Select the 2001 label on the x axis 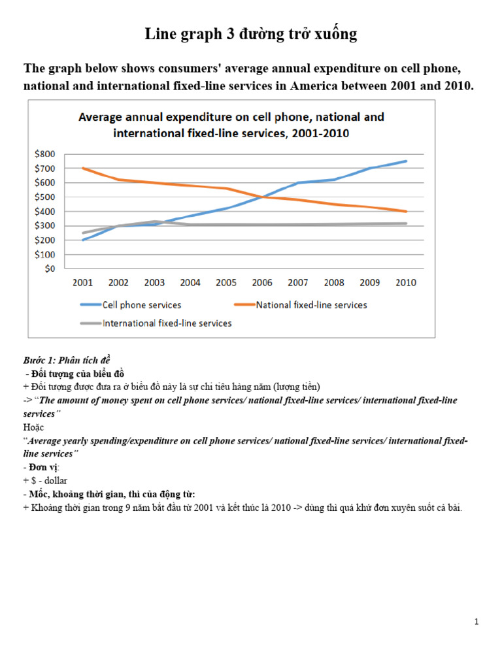(83, 283)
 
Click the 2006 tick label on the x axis (262, 283)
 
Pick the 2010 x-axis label (405, 283)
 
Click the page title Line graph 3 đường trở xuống (251, 35)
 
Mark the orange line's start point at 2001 (83, 169)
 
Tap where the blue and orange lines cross (261, 197)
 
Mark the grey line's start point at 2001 (83, 233)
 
